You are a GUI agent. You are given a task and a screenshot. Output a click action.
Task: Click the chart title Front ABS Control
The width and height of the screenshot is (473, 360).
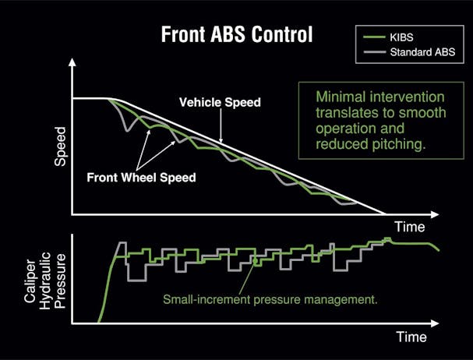[x=237, y=34]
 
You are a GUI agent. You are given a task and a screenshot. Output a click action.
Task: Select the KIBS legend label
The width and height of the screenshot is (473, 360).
[x=401, y=37]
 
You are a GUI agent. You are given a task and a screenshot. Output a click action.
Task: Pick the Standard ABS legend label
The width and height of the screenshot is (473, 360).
[x=422, y=52]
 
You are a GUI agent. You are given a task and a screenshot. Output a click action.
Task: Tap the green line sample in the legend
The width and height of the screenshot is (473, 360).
[x=374, y=37]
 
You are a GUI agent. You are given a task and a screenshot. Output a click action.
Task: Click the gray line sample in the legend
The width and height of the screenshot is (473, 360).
[x=374, y=52]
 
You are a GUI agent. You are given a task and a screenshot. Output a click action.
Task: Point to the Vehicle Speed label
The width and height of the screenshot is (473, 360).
[x=220, y=102]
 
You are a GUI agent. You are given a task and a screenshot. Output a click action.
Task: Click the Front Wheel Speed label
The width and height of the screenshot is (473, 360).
[x=142, y=178]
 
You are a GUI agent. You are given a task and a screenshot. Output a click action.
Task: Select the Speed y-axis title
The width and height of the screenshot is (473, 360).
[x=60, y=146]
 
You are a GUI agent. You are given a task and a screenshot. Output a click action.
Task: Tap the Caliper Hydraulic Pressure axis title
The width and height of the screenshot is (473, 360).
[x=44, y=281]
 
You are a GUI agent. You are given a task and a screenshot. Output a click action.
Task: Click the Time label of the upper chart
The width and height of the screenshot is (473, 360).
[x=410, y=227]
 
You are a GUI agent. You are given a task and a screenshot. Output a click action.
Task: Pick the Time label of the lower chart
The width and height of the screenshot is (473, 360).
[x=411, y=337]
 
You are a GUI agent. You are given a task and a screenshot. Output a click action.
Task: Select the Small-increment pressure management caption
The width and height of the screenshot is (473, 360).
[x=270, y=300]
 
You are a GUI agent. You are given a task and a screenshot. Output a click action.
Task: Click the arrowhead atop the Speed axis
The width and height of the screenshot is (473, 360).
[x=72, y=62]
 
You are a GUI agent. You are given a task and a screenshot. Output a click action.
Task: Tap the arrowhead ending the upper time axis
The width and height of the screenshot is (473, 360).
[x=435, y=214]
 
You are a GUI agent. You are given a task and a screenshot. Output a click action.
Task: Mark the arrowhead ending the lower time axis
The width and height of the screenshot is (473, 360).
[x=435, y=323]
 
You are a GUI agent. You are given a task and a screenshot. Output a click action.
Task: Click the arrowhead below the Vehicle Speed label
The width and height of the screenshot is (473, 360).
[x=221, y=140]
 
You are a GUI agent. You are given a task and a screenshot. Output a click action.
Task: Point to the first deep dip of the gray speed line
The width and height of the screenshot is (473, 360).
[x=127, y=131]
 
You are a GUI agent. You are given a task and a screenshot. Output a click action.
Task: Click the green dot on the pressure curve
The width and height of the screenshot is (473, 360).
[x=255, y=260]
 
